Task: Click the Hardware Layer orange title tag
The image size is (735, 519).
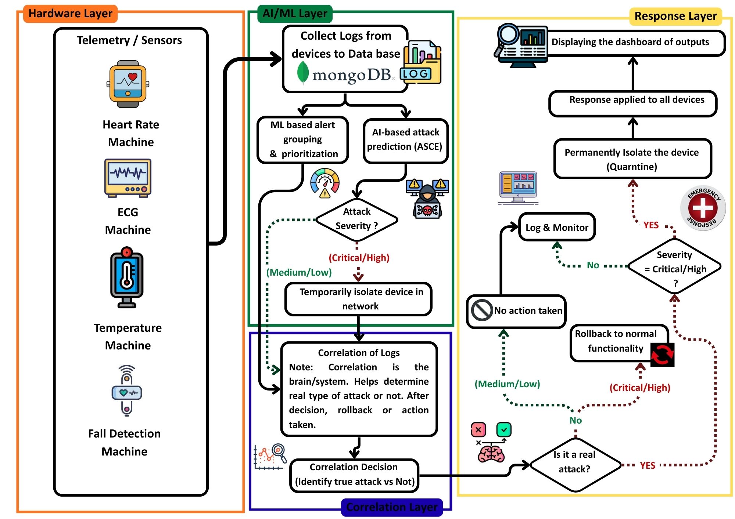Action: (70, 14)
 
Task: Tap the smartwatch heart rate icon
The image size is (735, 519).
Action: (128, 84)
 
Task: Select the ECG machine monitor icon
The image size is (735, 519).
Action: (128, 178)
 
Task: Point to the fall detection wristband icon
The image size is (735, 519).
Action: (127, 391)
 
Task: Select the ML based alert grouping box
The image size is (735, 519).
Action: (302, 140)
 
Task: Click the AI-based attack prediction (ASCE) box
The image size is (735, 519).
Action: (405, 141)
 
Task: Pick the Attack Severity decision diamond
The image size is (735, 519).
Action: (356, 219)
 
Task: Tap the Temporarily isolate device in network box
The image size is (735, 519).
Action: (358, 299)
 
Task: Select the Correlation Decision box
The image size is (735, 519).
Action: (354, 475)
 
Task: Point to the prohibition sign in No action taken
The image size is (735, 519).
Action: (482, 311)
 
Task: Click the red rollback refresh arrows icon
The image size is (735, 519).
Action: (662, 355)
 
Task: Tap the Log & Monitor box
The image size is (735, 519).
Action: (557, 228)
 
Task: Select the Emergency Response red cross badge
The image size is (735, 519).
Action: (703, 208)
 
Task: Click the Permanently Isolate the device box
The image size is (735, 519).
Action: (632, 159)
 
